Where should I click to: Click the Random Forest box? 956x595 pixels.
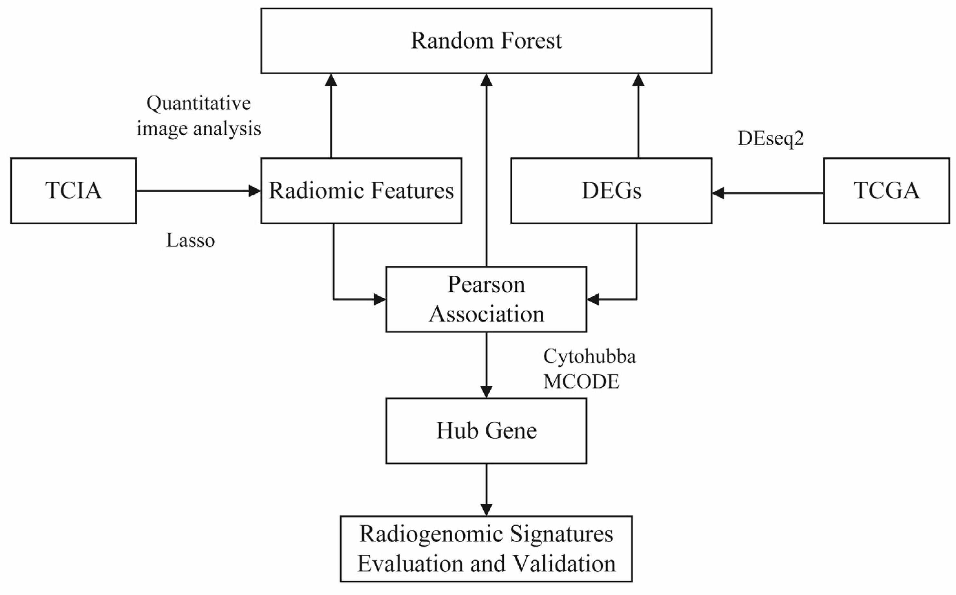point(486,41)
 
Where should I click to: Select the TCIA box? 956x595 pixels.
point(74,191)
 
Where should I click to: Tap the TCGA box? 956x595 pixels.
point(886,191)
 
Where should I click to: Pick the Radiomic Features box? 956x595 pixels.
point(361,191)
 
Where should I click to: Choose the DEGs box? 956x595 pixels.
point(611,191)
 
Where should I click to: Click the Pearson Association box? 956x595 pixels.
point(486,299)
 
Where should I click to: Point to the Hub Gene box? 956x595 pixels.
point(486,430)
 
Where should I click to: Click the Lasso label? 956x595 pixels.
point(191,240)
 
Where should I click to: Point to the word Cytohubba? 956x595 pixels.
point(589,357)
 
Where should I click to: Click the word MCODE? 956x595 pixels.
point(581,382)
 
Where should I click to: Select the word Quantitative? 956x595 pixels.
point(199,103)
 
